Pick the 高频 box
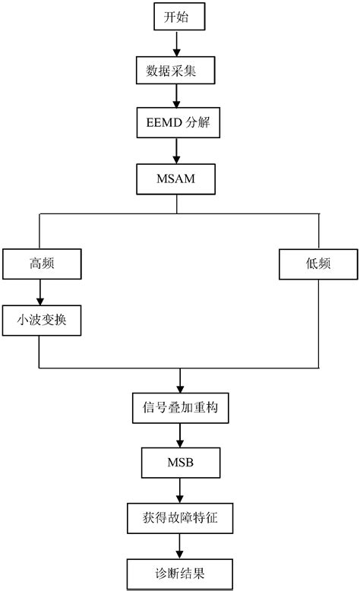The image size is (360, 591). [x=41, y=265]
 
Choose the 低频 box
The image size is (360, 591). [x=317, y=265]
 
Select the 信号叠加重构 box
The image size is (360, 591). [x=179, y=408]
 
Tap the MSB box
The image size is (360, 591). [x=179, y=463]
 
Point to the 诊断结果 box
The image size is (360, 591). [x=179, y=571]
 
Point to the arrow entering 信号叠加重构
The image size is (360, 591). [x=179, y=380]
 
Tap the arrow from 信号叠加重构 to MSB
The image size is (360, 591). [x=179, y=435]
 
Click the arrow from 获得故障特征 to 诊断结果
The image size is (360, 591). [x=179, y=545]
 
